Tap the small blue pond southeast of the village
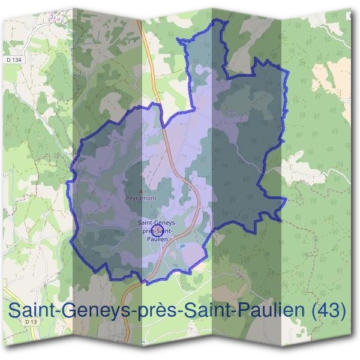coord(175,249)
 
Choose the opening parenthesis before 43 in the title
coord(311,311)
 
